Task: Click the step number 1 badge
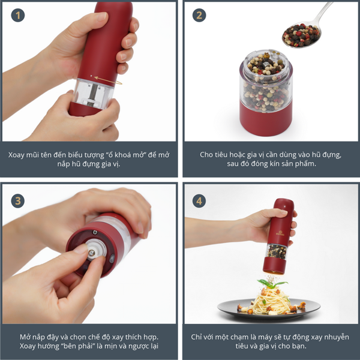pos(18,15)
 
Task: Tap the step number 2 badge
pos(199,15)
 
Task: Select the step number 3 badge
pos(18,201)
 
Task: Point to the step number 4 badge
pos(199,201)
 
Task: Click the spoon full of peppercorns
pos(303,32)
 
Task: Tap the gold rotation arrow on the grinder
pos(108,80)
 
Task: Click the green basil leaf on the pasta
pos(271,284)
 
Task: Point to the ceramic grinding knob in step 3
pos(96,250)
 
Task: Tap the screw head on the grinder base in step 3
pos(95,232)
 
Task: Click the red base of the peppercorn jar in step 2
pos(266,119)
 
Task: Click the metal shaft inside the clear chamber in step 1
pos(92,94)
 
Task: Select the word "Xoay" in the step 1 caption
pos(16,155)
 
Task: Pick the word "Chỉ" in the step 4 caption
pos(196,337)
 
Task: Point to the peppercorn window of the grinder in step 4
pos(277,251)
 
